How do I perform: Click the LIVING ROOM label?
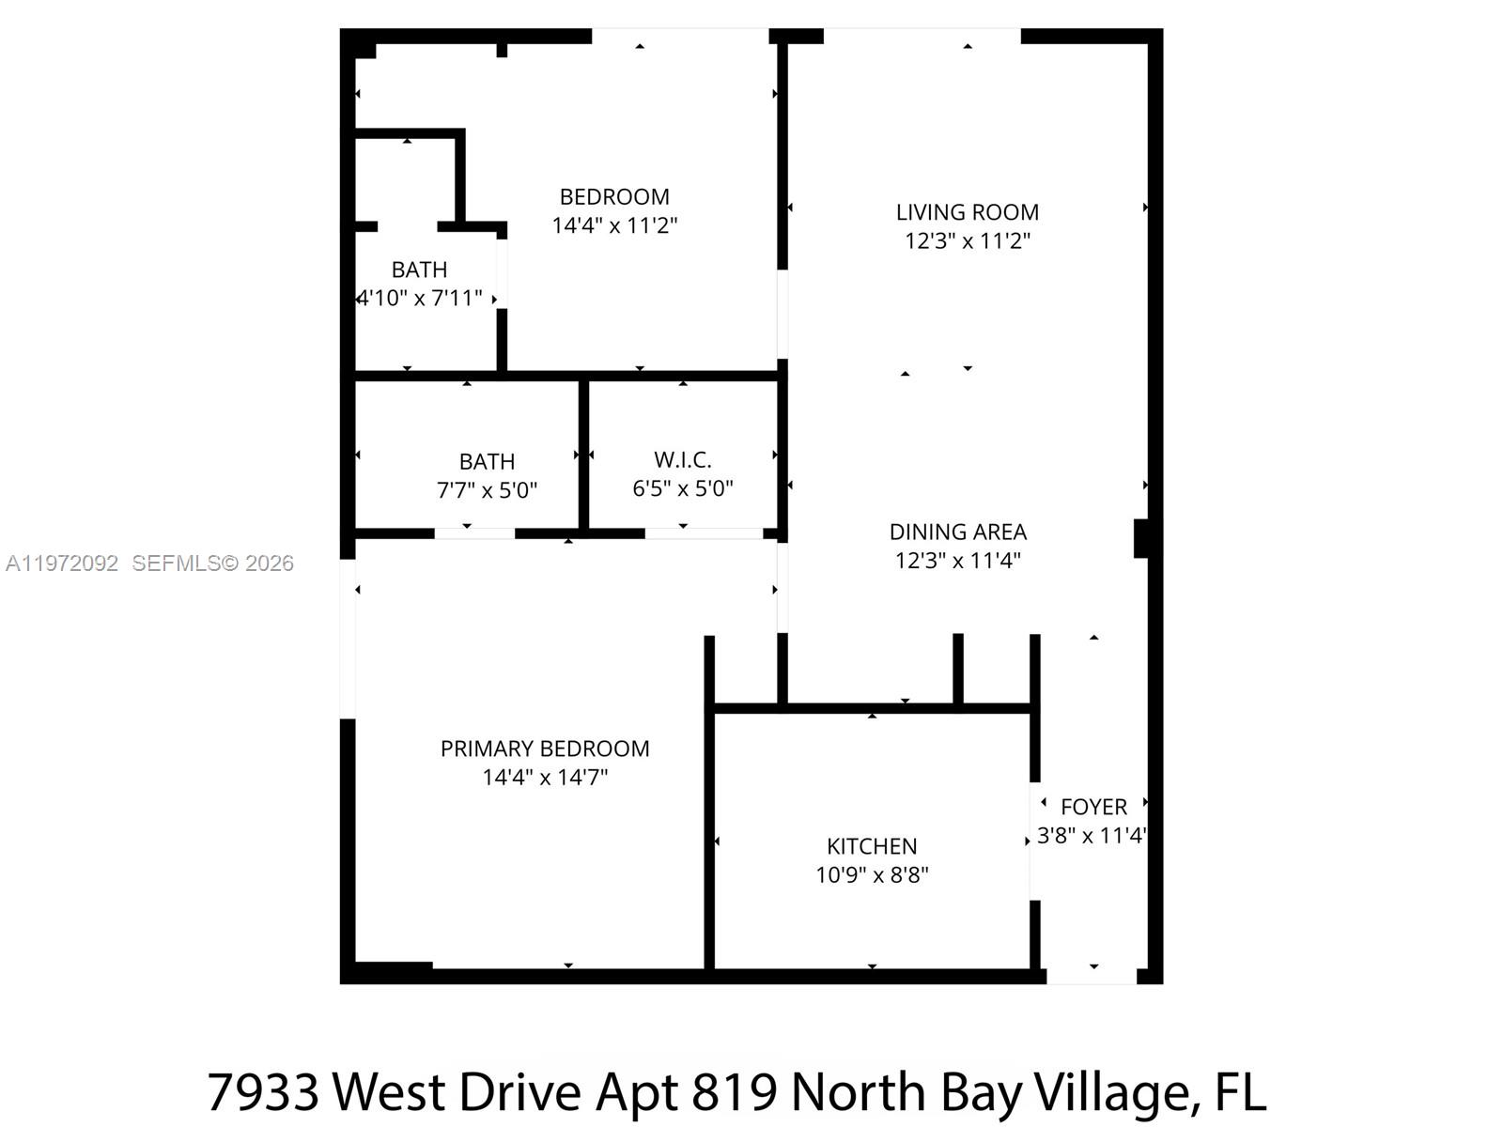coord(967,212)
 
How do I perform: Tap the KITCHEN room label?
coord(872,846)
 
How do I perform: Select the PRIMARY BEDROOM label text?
coord(545,749)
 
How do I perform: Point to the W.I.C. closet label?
coord(683,460)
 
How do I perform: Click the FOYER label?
coord(1093,807)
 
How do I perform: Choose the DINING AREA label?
coord(958,533)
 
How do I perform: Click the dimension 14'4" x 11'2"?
coord(614,226)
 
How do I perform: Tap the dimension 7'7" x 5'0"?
coord(487,490)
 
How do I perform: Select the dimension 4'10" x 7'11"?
coord(419,299)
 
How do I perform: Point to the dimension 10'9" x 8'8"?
coord(872,875)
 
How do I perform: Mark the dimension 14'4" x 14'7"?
coord(545,778)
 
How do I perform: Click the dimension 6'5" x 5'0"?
coord(683,488)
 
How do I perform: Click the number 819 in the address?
coord(734,1092)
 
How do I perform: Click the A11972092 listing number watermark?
coord(62,563)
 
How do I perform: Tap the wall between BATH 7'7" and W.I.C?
coord(583,455)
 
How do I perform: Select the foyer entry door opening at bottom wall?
coord(1092,977)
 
